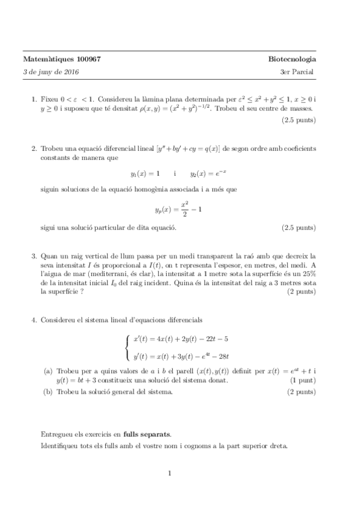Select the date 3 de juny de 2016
51,72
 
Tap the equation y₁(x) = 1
145,173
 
